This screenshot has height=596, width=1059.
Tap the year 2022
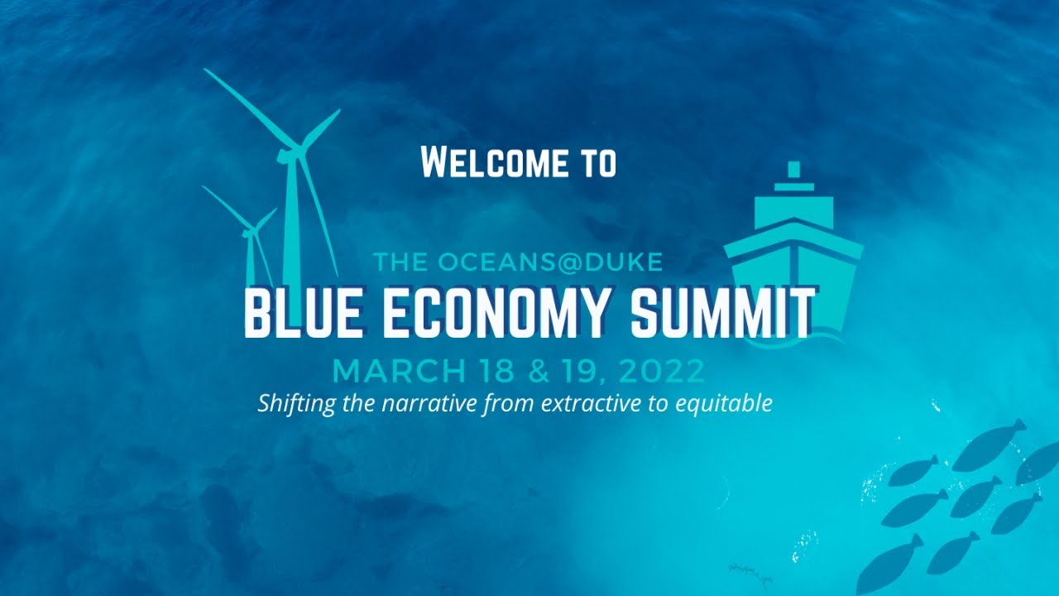coord(661,371)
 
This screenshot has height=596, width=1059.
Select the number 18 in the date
coord(495,371)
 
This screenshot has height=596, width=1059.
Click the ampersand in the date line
coord(538,371)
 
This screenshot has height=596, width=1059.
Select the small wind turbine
coord(249,240)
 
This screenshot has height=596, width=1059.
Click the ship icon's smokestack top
coord(794,170)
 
